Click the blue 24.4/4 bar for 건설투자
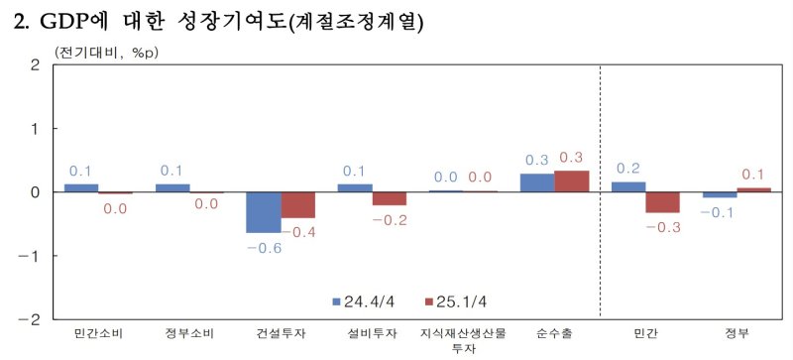[264, 212]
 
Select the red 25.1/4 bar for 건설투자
[297, 204]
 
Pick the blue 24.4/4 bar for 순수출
[537, 182]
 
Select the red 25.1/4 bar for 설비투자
[389, 198]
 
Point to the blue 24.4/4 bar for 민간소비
[81, 187]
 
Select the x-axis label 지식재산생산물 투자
[463, 340]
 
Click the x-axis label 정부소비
[189, 333]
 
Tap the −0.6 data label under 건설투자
[263, 247]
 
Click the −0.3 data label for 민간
[662, 227]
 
